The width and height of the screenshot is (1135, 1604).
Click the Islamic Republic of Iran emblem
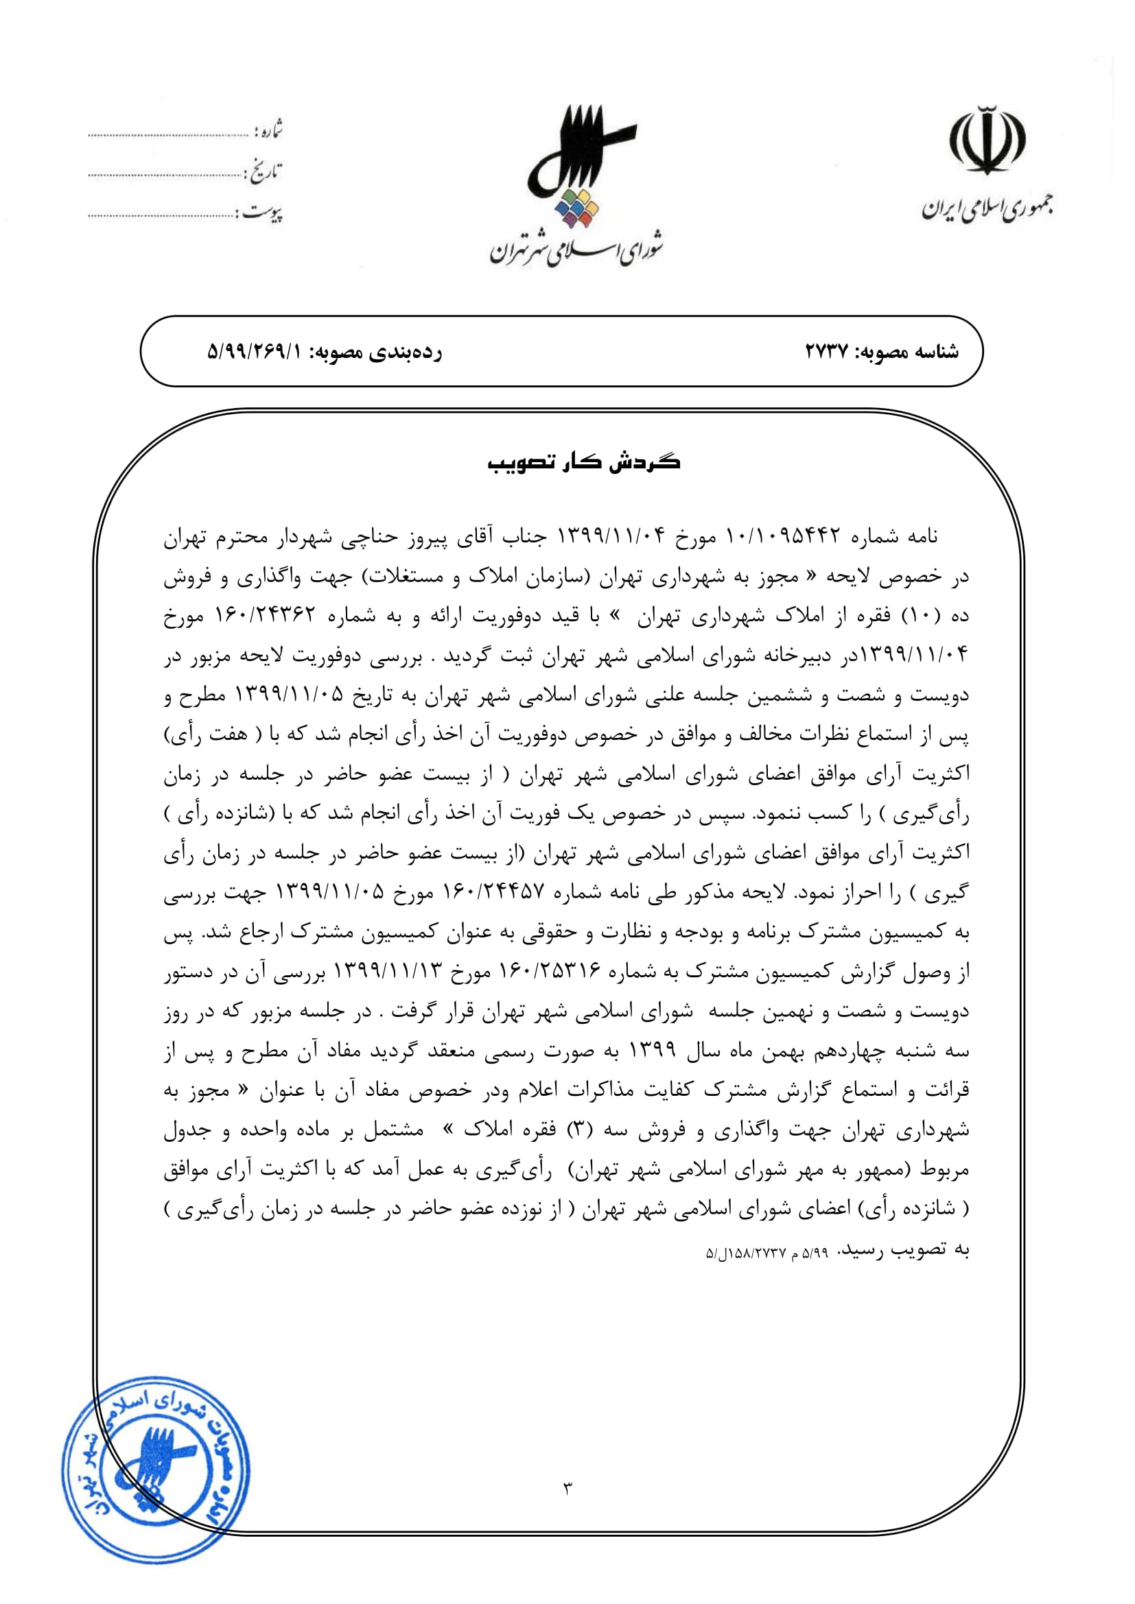(x=986, y=141)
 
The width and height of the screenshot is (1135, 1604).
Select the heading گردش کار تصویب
(x=583, y=462)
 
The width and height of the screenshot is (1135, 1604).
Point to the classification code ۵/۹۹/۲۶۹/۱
(x=254, y=351)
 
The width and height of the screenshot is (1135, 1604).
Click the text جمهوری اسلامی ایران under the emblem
(x=987, y=208)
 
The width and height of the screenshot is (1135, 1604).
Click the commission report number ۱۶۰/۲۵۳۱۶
(x=556, y=972)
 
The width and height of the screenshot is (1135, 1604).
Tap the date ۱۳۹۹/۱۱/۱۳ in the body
(x=388, y=972)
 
